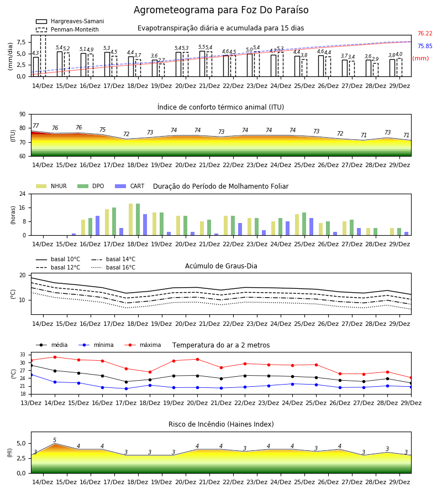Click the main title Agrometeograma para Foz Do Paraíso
point(221,10)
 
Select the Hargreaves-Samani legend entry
point(70,21)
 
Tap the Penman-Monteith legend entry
point(67,29)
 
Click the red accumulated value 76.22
point(425,33)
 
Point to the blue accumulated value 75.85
point(425,46)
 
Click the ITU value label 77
point(36,126)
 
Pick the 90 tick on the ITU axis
point(23,115)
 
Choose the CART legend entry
point(130,186)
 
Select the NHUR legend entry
point(51,186)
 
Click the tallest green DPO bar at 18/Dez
point(138,220)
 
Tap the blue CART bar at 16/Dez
point(97,226)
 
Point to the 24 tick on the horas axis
point(23,194)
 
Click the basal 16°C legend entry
point(113,267)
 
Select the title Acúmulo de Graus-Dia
point(221,266)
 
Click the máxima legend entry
point(143,345)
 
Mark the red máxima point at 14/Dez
point(55,357)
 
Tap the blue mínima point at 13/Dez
point(31,375)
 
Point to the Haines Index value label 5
point(55,440)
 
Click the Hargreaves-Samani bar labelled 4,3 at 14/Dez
point(36,67)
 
